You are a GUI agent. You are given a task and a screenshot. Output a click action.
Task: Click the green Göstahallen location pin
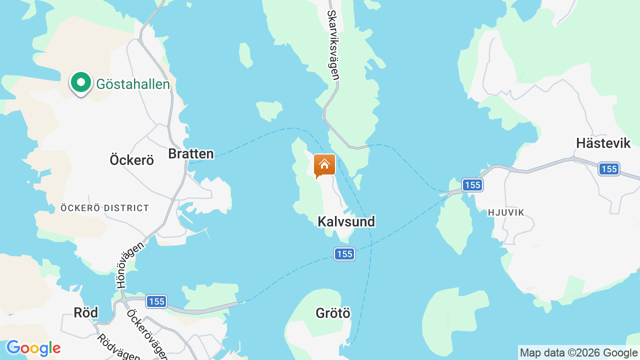[x=80, y=82]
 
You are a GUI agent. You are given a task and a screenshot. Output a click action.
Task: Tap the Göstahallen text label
[x=133, y=84]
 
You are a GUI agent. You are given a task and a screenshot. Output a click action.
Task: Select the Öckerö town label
[x=131, y=160]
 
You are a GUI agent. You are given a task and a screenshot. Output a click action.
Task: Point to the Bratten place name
[x=191, y=154]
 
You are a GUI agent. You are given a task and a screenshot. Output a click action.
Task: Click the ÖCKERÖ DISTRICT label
[x=104, y=208]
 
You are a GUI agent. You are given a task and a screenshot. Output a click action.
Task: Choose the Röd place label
[x=85, y=313]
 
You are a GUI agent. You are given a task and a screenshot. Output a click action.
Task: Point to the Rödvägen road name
[x=117, y=347]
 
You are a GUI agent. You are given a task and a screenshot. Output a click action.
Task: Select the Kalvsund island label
[x=346, y=221]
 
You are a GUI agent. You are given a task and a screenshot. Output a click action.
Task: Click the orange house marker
[x=324, y=165]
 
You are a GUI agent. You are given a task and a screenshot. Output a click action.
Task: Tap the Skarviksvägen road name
[x=333, y=45]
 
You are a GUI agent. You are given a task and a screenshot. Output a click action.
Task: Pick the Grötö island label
[x=333, y=313]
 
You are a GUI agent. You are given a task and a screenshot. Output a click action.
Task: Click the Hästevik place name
[x=603, y=143]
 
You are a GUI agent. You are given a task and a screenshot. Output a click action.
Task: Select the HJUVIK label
[x=506, y=212]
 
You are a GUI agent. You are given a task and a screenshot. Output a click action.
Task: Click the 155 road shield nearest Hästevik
[x=609, y=169]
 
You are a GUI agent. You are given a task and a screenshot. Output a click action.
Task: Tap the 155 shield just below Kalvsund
[x=344, y=254]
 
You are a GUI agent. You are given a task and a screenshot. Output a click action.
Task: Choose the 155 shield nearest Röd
[x=156, y=301]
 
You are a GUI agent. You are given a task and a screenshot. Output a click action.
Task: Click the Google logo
[x=33, y=348]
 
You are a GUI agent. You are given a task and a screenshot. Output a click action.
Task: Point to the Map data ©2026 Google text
[x=578, y=353]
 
